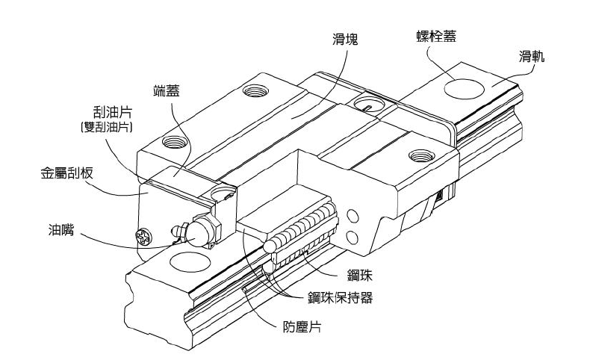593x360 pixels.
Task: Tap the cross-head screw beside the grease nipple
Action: [143, 239]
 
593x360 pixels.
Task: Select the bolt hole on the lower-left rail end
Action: [183, 261]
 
